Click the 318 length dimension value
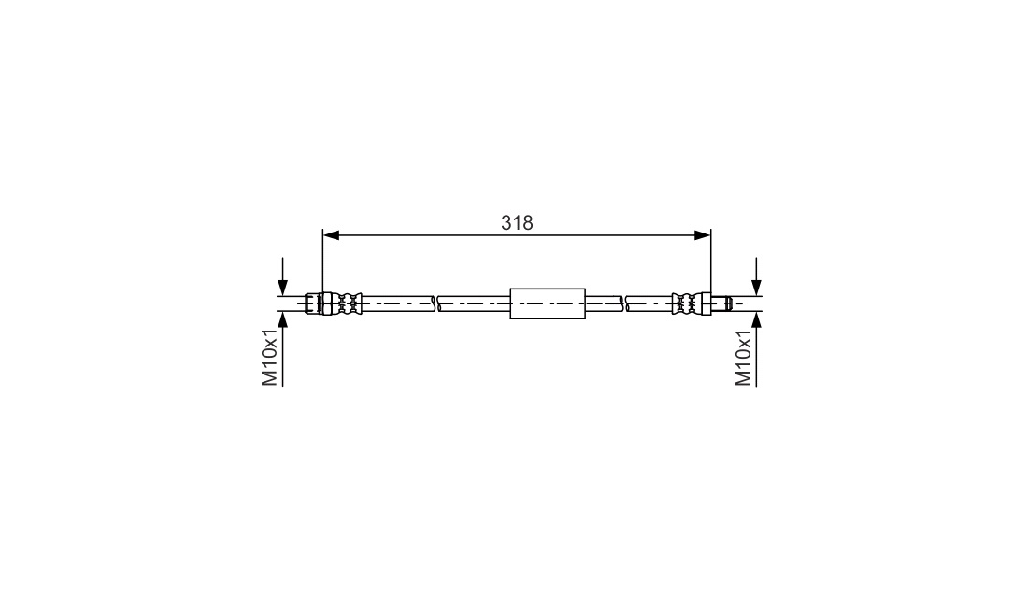[x=518, y=223]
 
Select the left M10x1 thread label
[x=270, y=358]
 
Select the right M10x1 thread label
[x=744, y=358]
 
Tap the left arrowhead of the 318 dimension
[x=331, y=235]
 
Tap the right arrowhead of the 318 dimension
[x=703, y=235]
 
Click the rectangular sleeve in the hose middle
[x=548, y=303]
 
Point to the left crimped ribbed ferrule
[x=349, y=303]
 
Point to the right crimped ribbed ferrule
[x=687, y=303]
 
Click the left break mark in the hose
[x=435, y=303]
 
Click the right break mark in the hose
[x=624, y=303]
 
